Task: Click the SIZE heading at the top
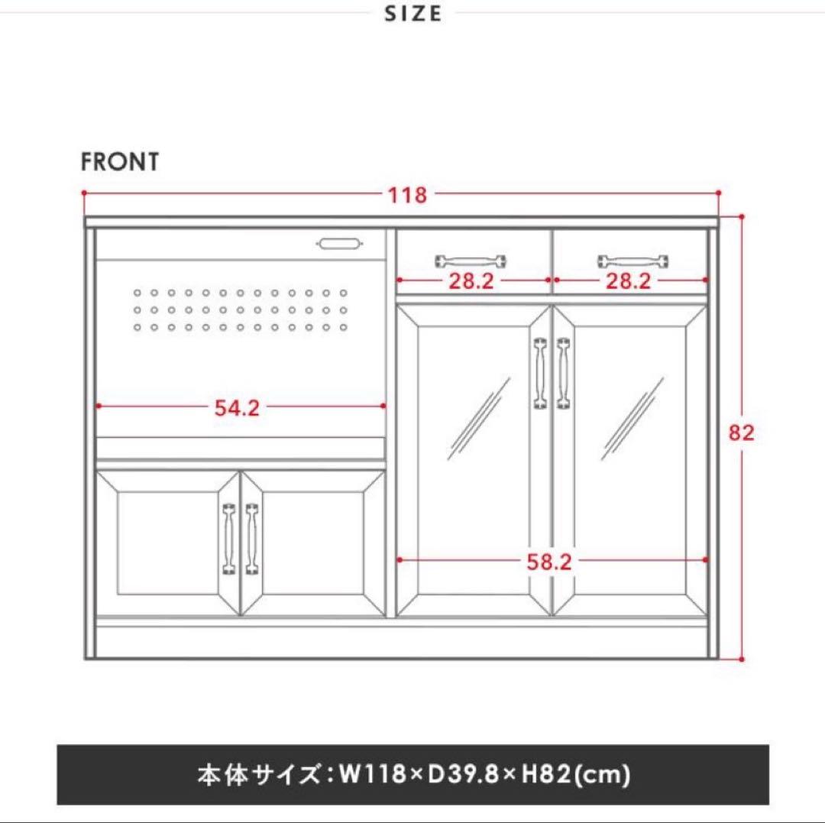[x=413, y=14]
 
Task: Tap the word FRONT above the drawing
[x=120, y=162]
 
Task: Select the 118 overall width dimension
[x=407, y=195]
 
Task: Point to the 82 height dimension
[x=741, y=433]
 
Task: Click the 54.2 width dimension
[x=237, y=407]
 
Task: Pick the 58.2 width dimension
[x=548, y=562]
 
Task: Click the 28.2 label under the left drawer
[x=471, y=281]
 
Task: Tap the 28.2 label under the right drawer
[x=628, y=281]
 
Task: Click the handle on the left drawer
[x=471, y=261]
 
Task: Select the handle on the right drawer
[x=633, y=261]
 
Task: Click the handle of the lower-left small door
[x=228, y=538]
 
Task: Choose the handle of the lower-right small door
[x=251, y=538]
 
